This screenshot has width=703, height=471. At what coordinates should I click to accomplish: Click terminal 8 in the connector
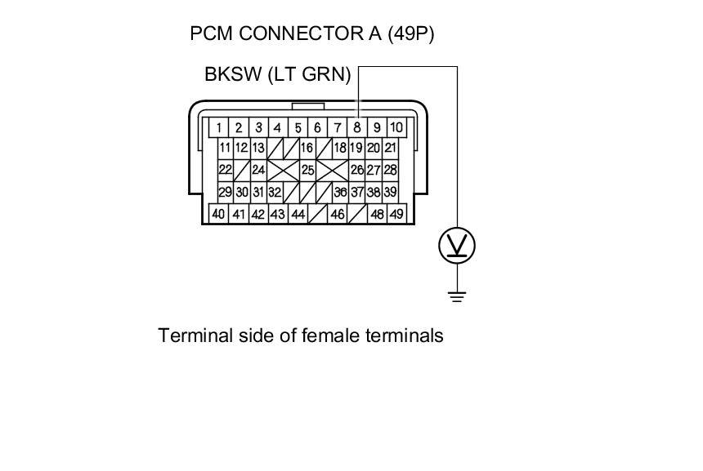(x=356, y=127)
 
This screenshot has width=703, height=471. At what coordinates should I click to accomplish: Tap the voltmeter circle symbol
(x=457, y=246)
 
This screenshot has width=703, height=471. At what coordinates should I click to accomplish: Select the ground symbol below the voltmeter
(x=457, y=295)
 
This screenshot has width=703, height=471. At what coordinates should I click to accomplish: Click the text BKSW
(x=231, y=75)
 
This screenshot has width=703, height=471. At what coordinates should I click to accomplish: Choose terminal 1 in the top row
(x=219, y=127)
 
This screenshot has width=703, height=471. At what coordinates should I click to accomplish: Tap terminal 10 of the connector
(x=396, y=127)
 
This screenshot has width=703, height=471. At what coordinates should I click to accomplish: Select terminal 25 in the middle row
(x=308, y=170)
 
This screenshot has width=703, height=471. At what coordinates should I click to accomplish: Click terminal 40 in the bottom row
(x=219, y=214)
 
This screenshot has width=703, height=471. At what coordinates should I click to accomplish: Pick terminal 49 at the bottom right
(x=396, y=214)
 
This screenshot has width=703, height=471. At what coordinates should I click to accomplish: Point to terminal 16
(x=307, y=148)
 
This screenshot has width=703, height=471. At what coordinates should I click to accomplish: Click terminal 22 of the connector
(x=226, y=170)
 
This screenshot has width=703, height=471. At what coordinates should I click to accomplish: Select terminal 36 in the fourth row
(x=341, y=192)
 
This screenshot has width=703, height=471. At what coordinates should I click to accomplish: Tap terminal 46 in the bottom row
(x=337, y=214)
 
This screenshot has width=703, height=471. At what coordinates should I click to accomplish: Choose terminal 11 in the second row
(x=226, y=148)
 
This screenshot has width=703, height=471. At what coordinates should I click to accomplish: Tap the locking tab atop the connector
(x=308, y=105)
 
